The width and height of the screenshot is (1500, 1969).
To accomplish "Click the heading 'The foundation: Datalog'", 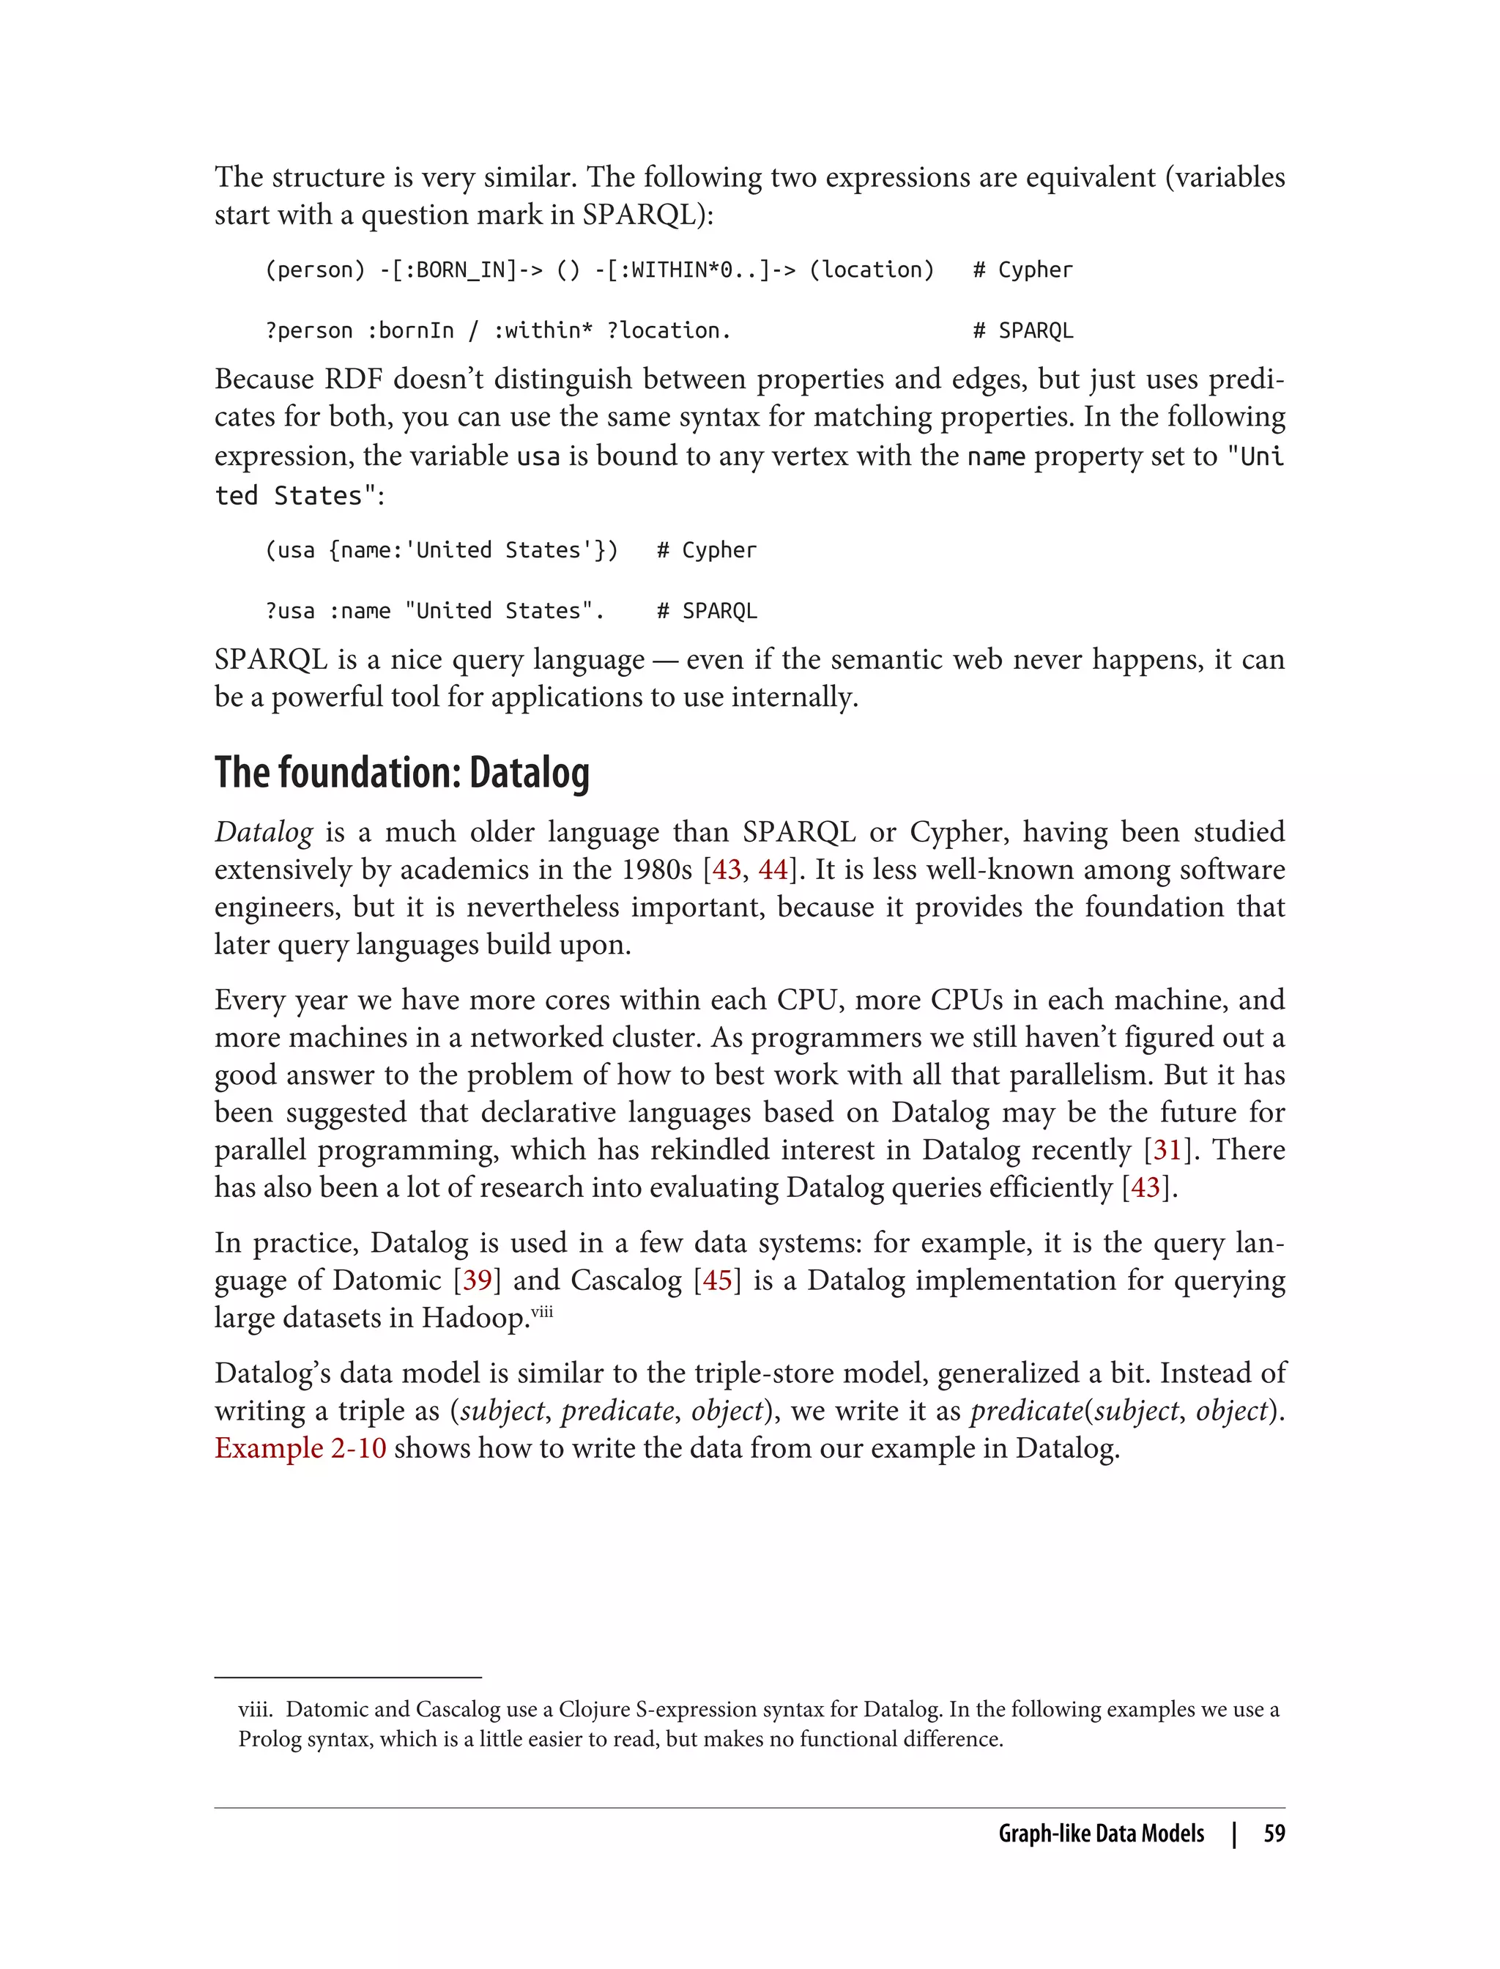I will [402, 774].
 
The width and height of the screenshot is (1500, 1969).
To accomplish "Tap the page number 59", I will [1274, 1833].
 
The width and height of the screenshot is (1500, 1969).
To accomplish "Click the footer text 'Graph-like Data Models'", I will [1101, 1833].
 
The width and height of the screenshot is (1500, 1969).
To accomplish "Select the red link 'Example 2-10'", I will [300, 1447].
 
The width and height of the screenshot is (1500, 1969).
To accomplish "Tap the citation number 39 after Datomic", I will [478, 1280].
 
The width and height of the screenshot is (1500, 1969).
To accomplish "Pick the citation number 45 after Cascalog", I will [718, 1280].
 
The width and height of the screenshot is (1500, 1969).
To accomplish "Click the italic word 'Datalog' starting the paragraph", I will [264, 832].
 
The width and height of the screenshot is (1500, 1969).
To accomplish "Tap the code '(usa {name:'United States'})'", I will [441, 550].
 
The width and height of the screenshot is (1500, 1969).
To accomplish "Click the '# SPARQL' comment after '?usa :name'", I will [706, 612].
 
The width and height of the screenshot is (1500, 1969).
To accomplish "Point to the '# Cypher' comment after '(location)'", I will [1022, 270].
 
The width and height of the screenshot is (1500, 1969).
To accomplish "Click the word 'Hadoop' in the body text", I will [476, 1318].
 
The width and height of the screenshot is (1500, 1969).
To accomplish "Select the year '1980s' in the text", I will [657, 869].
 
